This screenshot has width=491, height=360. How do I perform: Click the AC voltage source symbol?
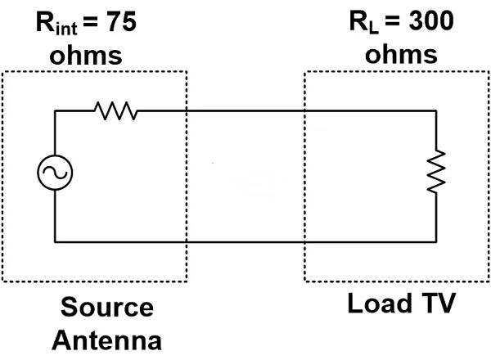click(x=55, y=173)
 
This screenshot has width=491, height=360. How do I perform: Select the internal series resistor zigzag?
click(x=115, y=111)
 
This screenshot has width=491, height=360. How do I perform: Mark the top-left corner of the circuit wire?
click(x=55, y=111)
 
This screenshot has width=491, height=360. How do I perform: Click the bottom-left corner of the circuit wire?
click(x=55, y=241)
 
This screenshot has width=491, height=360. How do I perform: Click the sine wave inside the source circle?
click(x=55, y=173)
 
